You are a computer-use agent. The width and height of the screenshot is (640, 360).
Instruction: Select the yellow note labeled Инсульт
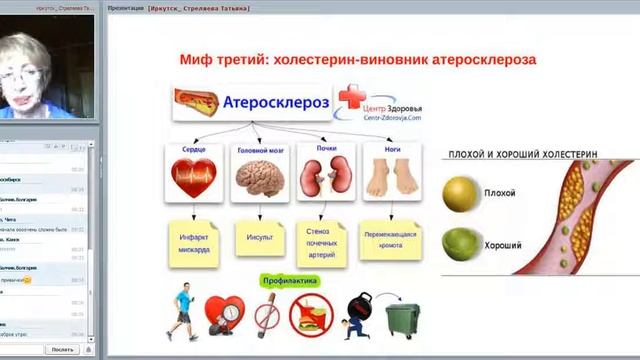click(x=260, y=239)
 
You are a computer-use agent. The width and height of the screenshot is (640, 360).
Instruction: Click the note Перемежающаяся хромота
click(x=391, y=239)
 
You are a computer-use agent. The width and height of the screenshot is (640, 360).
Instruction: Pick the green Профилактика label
click(x=290, y=281)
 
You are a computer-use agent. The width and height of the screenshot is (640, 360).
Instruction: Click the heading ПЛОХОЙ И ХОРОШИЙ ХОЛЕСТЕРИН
click(x=523, y=156)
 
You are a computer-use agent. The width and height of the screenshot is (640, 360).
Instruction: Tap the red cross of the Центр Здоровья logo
click(x=352, y=99)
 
